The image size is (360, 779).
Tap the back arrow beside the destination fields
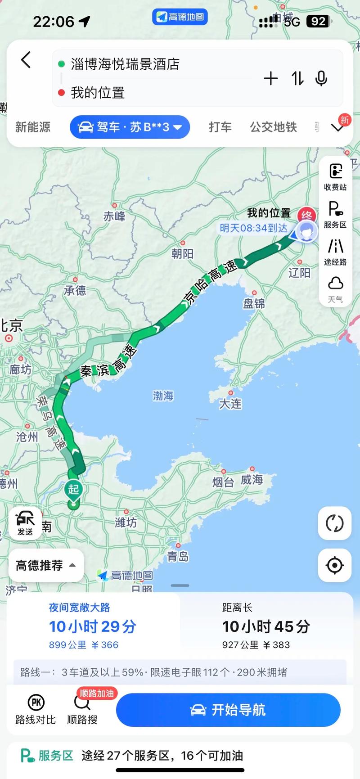[26, 60]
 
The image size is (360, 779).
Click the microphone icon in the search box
[321, 79]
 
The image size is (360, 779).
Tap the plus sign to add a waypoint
[270, 79]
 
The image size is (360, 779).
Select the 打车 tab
[220, 127]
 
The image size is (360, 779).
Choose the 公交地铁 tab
[273, 127]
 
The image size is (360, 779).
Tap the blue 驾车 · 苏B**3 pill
[130, 127]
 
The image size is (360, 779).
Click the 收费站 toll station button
[335, 177]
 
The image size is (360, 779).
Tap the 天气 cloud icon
[335, 289]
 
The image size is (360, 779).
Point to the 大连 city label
[230, 404]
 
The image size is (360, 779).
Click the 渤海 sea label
[163, 396]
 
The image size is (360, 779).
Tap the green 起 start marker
[73, 490]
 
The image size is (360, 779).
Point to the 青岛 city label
[178, 556]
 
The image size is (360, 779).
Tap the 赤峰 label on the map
[114, 216]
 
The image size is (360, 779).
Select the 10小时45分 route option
[265, 626]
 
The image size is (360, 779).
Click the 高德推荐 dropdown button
[46, 565]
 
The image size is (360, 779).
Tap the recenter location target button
[335, 565]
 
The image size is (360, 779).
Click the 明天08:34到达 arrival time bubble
[253, 228]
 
